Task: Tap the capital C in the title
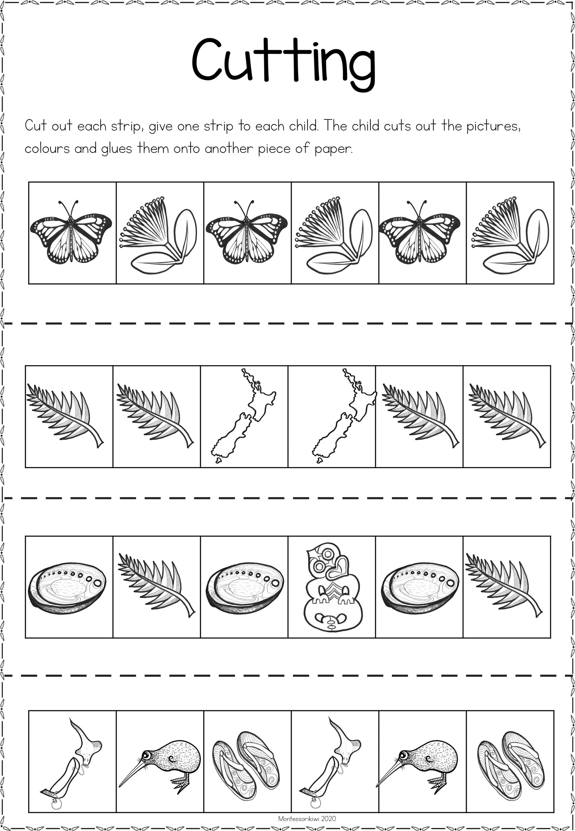coord(209,59)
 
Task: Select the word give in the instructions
coord(161,127)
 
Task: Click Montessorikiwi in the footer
coord(299,818)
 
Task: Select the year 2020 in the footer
coord(329,818)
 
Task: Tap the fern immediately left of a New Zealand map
coord(155,415)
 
